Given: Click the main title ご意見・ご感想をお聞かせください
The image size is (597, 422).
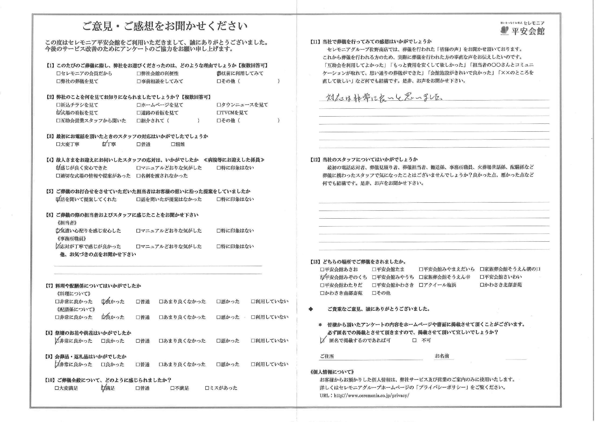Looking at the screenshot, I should coord(165,26).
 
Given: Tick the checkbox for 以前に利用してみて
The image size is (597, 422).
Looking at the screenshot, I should coord(219,74).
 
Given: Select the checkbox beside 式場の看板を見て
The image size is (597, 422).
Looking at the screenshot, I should coord(58,113).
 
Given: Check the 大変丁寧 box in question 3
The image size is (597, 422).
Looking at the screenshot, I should coord(58,144).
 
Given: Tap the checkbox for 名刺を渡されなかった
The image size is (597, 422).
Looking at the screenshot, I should coord(139,176).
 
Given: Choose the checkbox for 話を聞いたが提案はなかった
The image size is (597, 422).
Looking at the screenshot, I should coord(139,199).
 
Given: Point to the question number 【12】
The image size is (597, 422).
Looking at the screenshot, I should coord(315,160).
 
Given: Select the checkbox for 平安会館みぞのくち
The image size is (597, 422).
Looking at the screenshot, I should coord(323,277).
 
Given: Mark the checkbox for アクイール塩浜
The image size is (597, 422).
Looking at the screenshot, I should coord(421,285).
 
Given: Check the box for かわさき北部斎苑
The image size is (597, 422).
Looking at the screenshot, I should coord(482,285).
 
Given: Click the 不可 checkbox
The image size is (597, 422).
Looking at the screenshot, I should coord(414,340).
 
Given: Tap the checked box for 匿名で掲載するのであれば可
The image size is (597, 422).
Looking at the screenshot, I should coord(323,340).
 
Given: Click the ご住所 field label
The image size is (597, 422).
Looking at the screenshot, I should coord(327,356).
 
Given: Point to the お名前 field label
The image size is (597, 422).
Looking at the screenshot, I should coord(442,356).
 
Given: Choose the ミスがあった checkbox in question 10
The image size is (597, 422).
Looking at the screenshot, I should coord(207,388).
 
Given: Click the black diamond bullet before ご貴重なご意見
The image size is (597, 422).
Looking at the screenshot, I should coord(310,309).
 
